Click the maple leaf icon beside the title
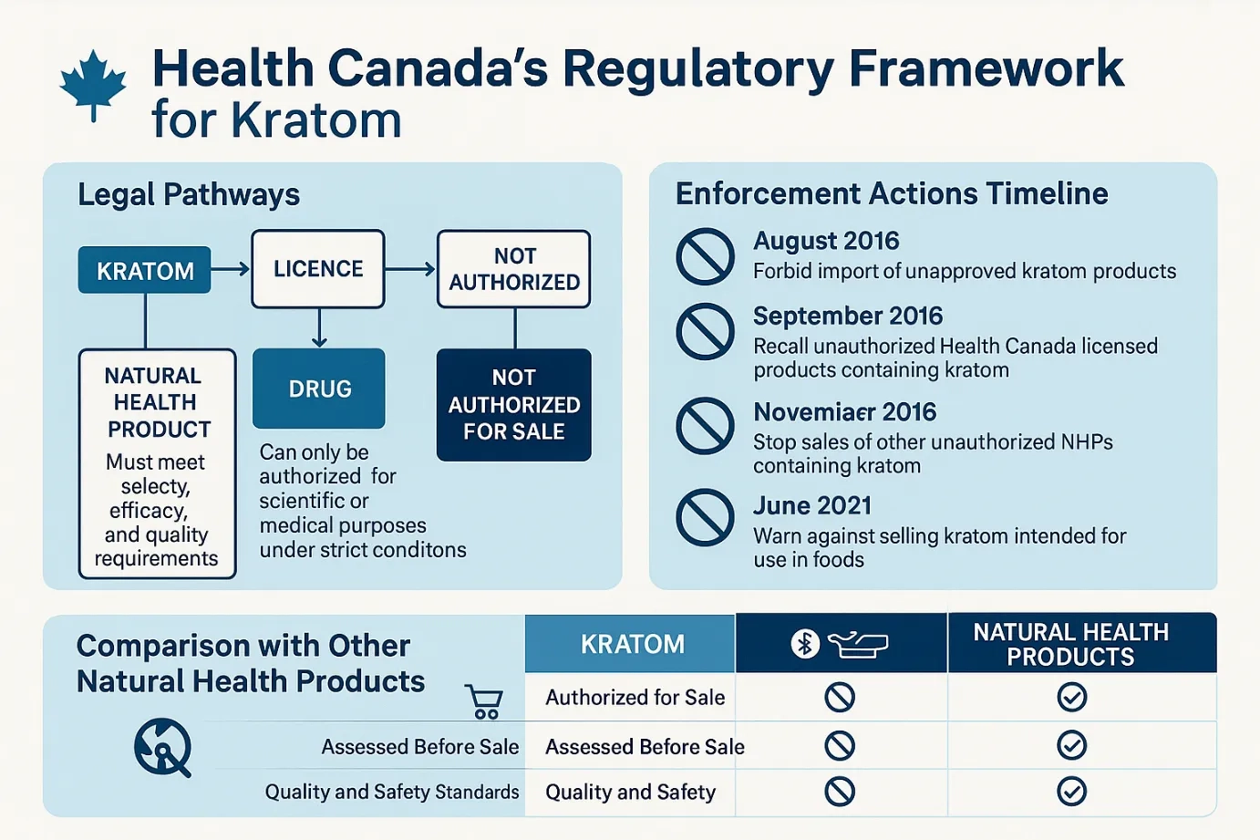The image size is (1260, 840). pos(93,86)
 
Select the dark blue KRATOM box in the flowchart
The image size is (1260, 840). pos(145,270)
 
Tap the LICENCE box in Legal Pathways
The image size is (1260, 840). pos(318,269)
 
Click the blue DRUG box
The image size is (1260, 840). pos(319,389)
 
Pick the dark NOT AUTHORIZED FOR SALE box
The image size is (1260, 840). pos(514,405)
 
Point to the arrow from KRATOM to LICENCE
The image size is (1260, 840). pos(230,269)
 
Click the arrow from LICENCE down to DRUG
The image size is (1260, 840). pos(319,328)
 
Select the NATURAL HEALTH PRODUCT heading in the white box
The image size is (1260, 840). pos(156,402)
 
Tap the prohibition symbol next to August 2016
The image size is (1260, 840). pos(705,256)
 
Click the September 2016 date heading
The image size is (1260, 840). pos(848,316)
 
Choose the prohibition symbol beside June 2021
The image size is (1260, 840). pos(705,518)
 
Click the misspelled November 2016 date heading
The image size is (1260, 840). pos(845,412)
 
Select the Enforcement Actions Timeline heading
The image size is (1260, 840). pos(892,194)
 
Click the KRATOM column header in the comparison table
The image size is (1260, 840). pos(631,644)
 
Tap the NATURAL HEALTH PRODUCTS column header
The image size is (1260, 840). pos(1071,644)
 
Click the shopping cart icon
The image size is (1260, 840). pos(484,701)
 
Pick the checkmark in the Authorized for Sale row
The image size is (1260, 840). pos(1071,697)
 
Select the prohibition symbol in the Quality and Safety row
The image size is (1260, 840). pos(840,791)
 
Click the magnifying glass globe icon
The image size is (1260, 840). pos(163,748)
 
